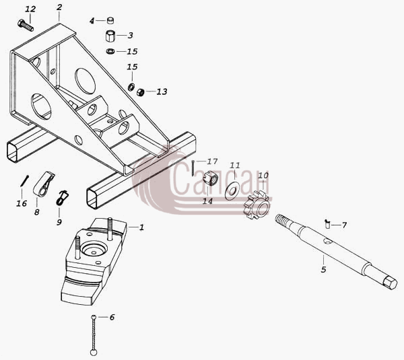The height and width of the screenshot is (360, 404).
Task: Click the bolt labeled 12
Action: pos(26,26)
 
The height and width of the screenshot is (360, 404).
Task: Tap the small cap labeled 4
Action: pos(110,20)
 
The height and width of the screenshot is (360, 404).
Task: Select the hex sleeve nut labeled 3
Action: pos(111,36)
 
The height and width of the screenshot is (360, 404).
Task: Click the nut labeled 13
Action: pos(140,92)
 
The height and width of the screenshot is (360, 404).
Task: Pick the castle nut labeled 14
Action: pos(210,179)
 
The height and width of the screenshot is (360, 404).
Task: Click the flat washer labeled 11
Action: pos(232,191)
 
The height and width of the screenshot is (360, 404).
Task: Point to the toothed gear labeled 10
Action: pos(257,205)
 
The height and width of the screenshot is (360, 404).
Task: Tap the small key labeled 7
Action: pos(327,224)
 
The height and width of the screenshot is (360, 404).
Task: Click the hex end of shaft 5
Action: pos(390,283)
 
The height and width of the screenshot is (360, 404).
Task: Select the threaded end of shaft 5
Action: pos(281,219)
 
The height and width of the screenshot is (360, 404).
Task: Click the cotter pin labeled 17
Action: pos(193,168)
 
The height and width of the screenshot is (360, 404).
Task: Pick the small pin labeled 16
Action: pos(24,181)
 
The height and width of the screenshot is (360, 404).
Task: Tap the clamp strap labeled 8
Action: pos(44,184)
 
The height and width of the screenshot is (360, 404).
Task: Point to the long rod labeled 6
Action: pos(94,335)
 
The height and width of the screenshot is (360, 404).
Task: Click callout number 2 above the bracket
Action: pos(59,7)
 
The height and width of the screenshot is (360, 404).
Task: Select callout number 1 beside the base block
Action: pos(141,227)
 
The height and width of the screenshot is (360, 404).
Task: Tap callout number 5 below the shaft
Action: pos(324,269)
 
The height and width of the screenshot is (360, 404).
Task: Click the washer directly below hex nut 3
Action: pos(111,51)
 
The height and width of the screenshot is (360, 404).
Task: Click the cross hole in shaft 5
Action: pos(328,242)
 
